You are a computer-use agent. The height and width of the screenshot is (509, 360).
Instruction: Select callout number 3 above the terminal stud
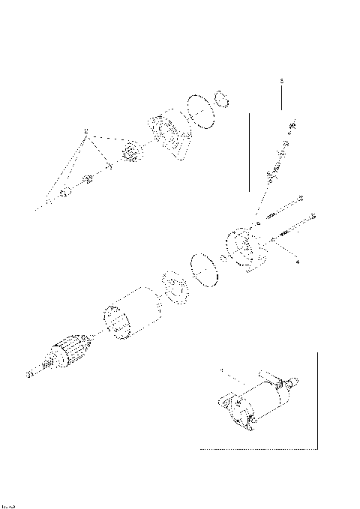tap(281, 79)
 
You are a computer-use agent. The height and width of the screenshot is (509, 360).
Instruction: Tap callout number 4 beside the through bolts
tap(298, 262)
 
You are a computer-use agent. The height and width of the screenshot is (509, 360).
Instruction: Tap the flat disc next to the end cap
tap(201, 268)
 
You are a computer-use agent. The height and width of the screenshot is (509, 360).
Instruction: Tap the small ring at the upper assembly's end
tap(221, 97)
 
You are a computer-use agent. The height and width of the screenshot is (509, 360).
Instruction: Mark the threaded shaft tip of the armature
tap(32, 373)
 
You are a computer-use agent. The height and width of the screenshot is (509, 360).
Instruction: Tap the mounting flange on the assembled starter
tap(228, 405)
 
